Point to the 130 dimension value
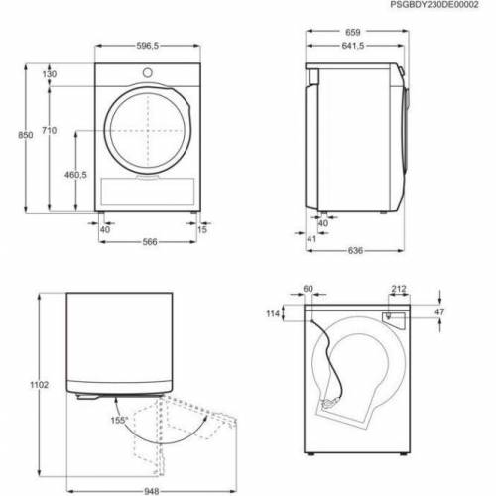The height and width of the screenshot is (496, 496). click(x=50, y=75)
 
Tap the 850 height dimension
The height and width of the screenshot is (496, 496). click(x=12, y=136)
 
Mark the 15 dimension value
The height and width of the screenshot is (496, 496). click(x=202, y=230)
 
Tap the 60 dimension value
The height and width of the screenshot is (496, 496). click(x=309, y=290)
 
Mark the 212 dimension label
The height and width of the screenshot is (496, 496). click(x=398, y=290)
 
